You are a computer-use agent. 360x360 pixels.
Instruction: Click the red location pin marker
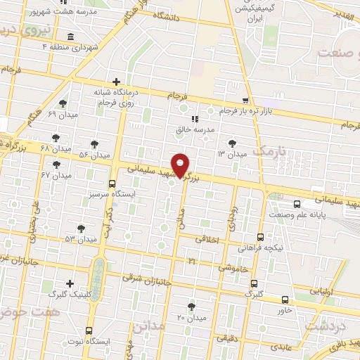(181, 165)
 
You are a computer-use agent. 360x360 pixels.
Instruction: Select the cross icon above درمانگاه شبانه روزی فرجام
(117, 82)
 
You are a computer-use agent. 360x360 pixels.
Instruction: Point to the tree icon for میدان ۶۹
(63, 103)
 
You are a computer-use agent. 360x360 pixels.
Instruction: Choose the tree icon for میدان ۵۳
(81, 229)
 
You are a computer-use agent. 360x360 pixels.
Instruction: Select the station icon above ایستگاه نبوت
(89, 330)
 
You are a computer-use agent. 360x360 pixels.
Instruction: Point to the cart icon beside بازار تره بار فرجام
(245, 101)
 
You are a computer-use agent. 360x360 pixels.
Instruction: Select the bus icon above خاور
(285, 298)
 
